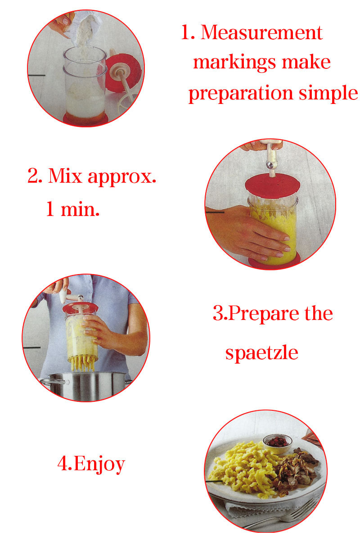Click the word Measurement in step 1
point(261,32)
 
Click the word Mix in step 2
point(65,175)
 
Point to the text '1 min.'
point(72,208)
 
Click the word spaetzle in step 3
point(262,352)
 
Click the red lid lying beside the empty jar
point(123,72)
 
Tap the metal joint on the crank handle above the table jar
point(270,165)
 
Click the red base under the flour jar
point(85,119)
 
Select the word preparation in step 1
point(241,94)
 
